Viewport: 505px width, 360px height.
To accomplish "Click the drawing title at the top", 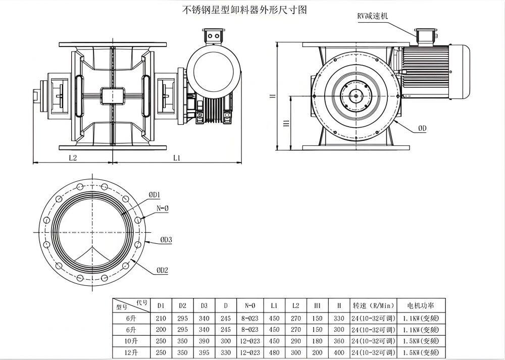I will coord(244,10).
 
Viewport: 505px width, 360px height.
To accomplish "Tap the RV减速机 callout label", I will coord(373,16).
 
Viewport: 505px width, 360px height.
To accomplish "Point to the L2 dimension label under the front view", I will coord(72,158).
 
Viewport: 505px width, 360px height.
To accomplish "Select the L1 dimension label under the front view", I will coord(177,158).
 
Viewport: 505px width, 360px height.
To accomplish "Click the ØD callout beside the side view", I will coord(422,129).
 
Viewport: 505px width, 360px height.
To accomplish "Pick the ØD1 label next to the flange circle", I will coord(155,194).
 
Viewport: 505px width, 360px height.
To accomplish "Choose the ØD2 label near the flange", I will coord(162,271).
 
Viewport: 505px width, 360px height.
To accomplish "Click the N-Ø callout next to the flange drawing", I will coord(163,208).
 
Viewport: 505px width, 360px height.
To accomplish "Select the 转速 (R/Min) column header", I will coord(373,305).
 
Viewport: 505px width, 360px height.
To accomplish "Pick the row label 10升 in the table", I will coord(130,341).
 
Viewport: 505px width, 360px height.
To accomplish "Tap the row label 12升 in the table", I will coord(130,352).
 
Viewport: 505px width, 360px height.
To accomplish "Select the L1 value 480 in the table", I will coord(274,352).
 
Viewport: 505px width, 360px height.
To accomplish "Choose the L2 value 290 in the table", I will coord(295,341).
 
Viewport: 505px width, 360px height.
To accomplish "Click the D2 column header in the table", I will coord(182,305).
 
